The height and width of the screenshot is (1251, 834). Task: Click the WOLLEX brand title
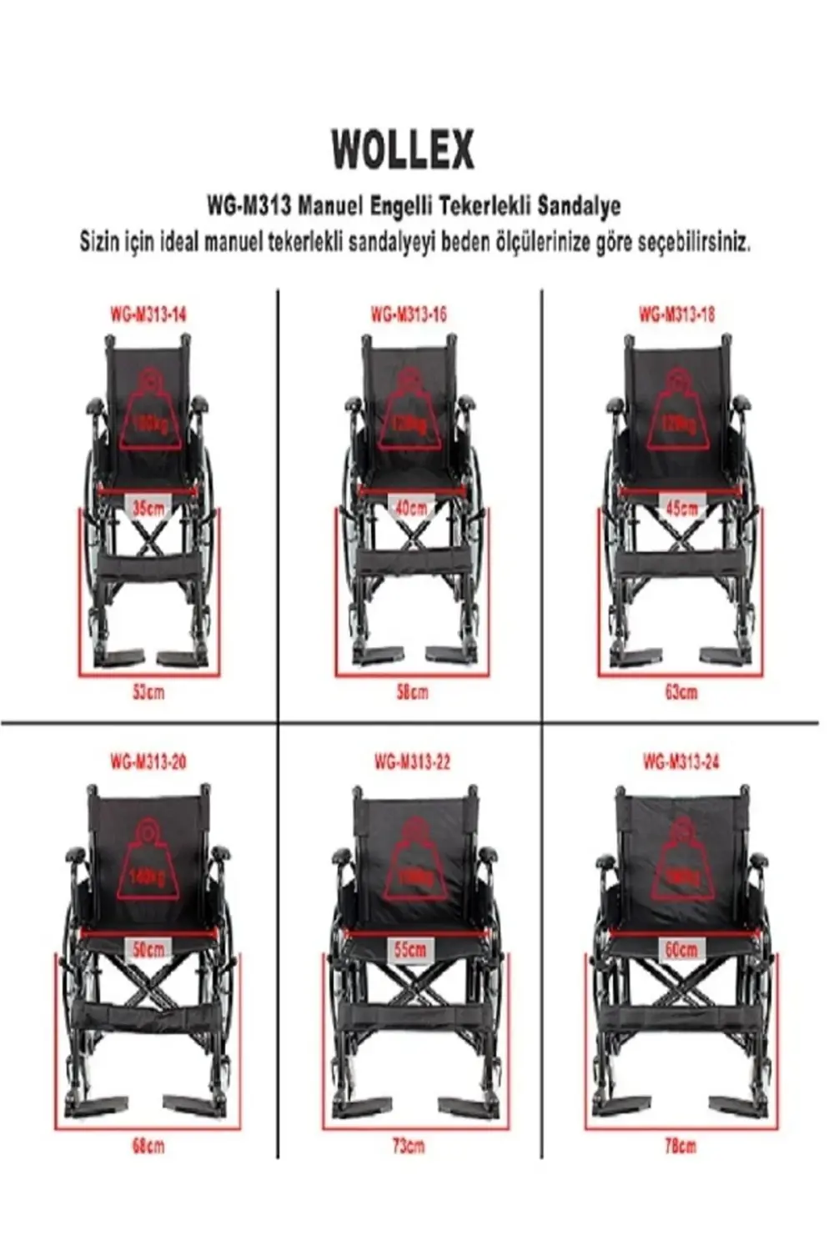pos(403,151)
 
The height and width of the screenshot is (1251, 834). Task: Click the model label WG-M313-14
pos(148,314)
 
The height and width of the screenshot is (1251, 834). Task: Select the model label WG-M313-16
pos(409,314)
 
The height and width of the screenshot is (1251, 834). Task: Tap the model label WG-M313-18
pos(677,314)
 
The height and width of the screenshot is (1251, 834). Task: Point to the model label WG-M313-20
pos(148,761)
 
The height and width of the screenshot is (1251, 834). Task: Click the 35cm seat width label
pos(148,508)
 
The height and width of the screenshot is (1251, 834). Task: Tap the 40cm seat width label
pos(411,508)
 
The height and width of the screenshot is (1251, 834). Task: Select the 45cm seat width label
pos(681,508)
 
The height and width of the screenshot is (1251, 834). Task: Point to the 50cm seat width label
pos(148,949)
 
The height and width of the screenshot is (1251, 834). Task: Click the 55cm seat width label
pos(411,949)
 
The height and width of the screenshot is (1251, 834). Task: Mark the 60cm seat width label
pos(681,949)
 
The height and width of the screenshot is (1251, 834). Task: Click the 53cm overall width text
pos(148,691)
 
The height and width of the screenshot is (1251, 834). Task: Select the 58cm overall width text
pos(412,691)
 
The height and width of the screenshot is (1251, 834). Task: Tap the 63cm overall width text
pos(681,691)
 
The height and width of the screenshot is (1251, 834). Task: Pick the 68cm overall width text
pos(148,1146)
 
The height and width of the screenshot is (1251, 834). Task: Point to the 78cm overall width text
pos(681,1146)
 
